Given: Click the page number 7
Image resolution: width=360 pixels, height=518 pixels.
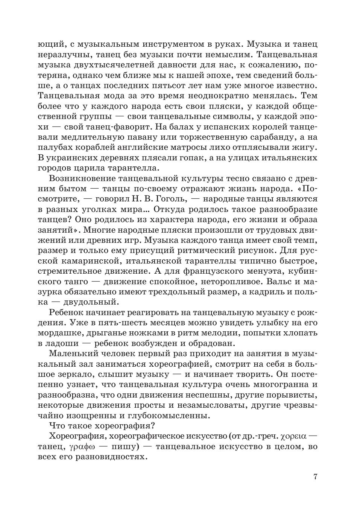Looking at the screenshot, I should click(x=315, y=477).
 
